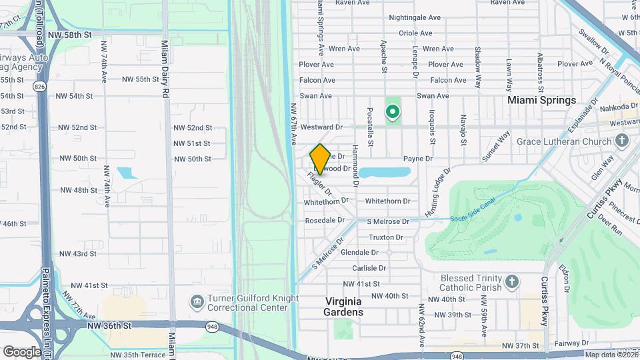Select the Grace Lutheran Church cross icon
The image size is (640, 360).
(622, 141)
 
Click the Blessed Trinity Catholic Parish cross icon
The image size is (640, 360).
(511, 281)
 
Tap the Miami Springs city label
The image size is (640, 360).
(541, 100)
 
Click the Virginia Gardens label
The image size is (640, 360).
(343, 307)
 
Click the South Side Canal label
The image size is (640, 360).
(470, 217)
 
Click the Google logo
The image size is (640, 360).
(22, 351)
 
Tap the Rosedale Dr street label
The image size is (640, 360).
(325, 220)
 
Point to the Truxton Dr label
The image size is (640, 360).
(386, 237)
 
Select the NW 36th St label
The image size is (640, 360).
(110, 325)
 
